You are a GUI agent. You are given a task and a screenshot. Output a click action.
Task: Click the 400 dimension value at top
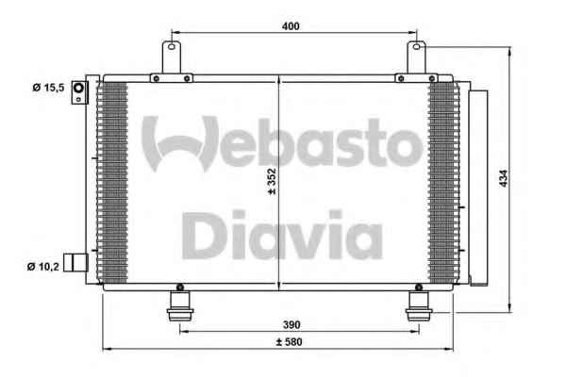[x=291, y=26]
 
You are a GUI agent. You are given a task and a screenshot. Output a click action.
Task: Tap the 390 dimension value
[x=291, y=325]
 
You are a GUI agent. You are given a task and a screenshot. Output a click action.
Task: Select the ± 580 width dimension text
[x=290, y=342]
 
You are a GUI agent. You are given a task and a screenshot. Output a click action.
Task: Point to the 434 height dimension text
[x=504, y=178]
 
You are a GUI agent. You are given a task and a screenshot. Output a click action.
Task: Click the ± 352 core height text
[x=273, y=182]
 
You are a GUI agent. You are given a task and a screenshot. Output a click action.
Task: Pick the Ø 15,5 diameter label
[x=48, y=88]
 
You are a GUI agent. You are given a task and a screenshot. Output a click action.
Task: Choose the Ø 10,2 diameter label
[x=43, y=267]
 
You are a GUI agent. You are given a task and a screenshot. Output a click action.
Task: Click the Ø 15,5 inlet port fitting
[x=79, y=92]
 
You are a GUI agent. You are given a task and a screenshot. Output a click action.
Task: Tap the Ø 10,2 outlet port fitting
[x=75, y=263]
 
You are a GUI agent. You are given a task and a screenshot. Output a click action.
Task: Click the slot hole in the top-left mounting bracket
[x=172, y=46]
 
